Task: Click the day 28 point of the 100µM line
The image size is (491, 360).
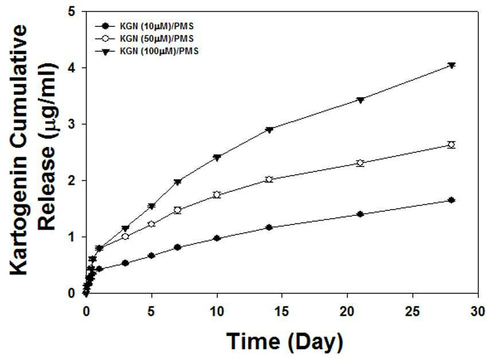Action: [451, 65]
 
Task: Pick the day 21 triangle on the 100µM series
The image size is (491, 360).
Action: [360, 100]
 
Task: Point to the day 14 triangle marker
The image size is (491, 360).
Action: [269, 130]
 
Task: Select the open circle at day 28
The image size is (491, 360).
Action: [451, 145]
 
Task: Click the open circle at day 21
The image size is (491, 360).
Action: [360, 163]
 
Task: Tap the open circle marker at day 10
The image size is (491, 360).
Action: [217, 195]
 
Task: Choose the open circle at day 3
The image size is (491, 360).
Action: [125, 236]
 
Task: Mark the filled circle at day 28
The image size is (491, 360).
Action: [451, 200]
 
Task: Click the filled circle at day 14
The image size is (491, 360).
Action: [269, 227]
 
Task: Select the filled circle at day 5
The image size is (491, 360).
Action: [151, 256]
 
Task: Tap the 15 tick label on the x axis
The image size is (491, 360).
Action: [282, 312]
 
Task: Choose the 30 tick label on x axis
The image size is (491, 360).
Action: [478, 312]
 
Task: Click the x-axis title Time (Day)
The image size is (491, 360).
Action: [285, 342]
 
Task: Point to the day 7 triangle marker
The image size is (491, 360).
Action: [178, 182]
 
